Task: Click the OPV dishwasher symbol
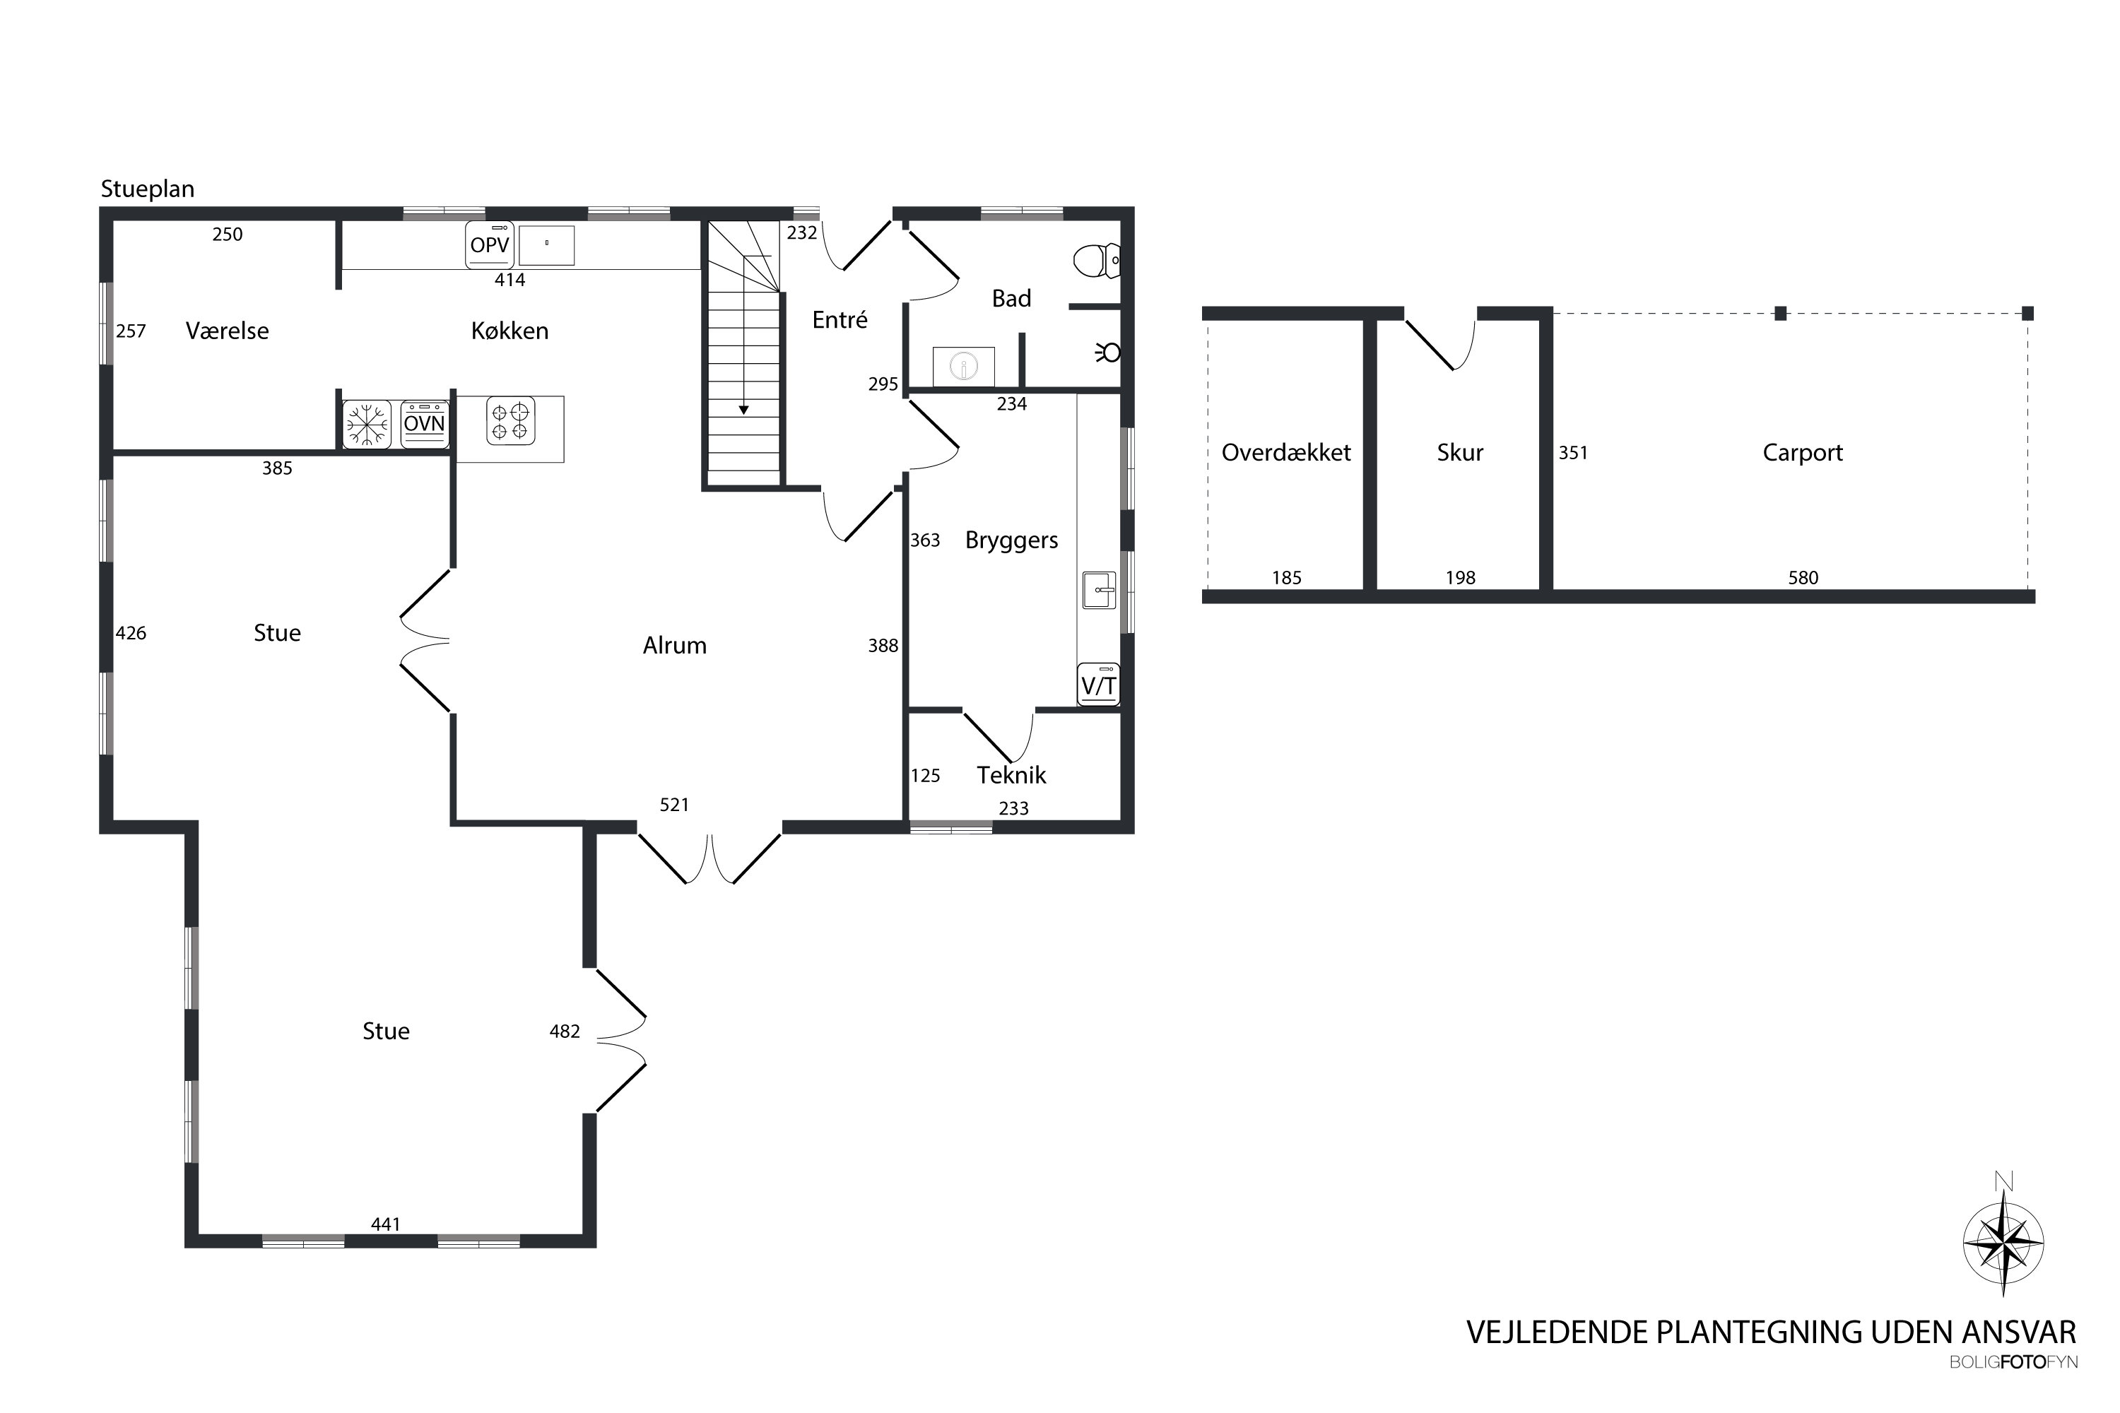(x=490, y=244)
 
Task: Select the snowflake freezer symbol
(x=367, y=425)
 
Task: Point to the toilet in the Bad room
(x=1097, y=261)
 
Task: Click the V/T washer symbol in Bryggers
(x=1099, y=684)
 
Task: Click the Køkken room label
(x=510, y=331)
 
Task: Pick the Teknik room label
(x=1011, y=775)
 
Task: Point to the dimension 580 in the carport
(x=1803, y=578)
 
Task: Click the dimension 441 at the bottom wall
(x=386, y=1224)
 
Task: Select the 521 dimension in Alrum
(x=674, y=805)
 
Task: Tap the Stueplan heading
(x=148, y=190)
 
